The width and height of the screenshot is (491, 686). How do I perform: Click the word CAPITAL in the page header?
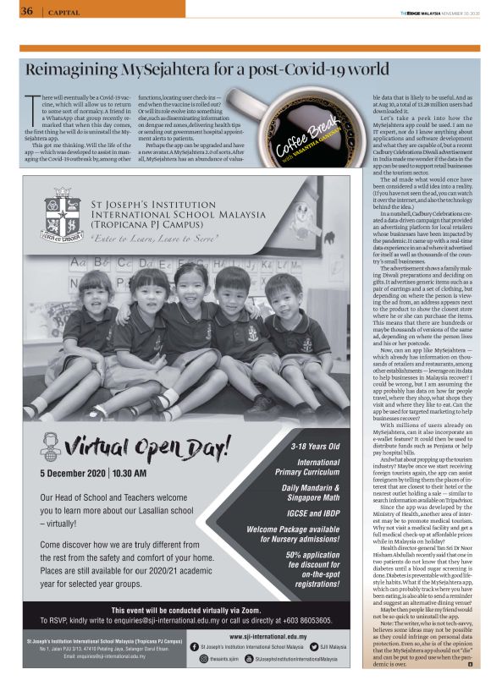64,12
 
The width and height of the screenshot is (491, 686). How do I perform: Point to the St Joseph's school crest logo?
67,217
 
